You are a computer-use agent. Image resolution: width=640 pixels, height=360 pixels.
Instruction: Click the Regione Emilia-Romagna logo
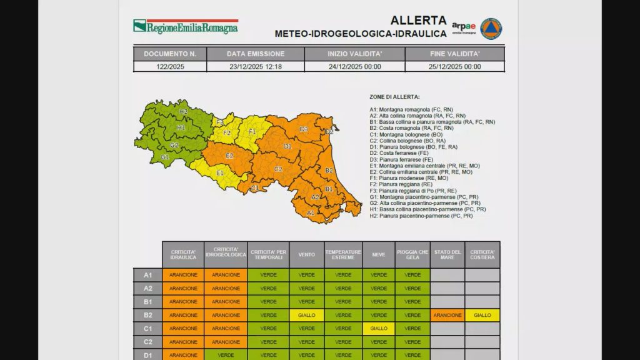point(186,26)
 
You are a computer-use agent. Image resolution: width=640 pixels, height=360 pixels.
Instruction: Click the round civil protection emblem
point(491,28)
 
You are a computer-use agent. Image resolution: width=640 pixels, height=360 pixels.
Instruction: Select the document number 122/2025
point(169,66)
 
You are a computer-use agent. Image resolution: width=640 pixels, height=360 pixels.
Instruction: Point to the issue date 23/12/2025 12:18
point(255,66)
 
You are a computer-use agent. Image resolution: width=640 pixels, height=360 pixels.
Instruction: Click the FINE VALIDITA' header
point(454,54)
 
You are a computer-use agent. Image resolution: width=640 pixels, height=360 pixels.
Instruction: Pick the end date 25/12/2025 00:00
point(454,66)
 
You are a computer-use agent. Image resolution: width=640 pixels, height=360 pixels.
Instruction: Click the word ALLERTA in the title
point(418,21)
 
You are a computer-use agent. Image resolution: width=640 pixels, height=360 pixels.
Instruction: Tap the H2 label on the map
point(183,111)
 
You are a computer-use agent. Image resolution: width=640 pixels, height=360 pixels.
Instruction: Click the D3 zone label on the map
point(304,129)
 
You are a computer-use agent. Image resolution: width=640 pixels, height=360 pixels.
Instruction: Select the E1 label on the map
point(220,173)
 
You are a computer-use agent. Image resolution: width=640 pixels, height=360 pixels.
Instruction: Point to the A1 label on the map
point(311,212)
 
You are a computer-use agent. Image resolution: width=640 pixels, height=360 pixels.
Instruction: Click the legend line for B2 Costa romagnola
point(411,128)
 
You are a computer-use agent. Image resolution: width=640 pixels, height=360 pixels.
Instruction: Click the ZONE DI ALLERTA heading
point(394,97)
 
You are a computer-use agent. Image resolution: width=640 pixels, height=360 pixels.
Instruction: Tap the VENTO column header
point(306,254)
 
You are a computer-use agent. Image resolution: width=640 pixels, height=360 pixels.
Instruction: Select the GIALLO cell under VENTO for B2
point(306,315)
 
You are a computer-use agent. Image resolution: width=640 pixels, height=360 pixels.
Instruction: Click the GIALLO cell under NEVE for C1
point(379,328)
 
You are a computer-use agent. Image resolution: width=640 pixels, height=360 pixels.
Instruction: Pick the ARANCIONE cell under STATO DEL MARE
point(447,315)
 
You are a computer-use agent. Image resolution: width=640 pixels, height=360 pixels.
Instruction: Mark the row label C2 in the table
point(148,342)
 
